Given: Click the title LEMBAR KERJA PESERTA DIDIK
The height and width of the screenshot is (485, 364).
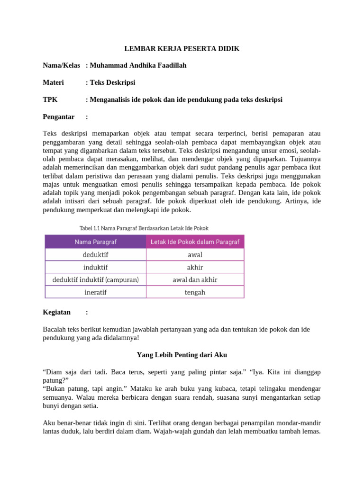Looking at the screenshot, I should [182, 49].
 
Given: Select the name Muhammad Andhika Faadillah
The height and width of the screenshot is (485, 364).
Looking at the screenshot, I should [138, 65].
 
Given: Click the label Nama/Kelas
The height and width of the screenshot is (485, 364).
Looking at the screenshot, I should [61, 65].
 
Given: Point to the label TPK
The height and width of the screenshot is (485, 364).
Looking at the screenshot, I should [50, 99].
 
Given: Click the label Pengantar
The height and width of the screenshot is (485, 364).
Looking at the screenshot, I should [59, 117].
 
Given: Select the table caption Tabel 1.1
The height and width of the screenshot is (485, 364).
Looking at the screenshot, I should [144, 228].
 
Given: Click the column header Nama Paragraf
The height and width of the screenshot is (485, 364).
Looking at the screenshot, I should [95, 242].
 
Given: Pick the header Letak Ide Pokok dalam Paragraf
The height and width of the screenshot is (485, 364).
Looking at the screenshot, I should [195, 242].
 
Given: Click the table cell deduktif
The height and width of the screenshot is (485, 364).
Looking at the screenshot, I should [95, 255].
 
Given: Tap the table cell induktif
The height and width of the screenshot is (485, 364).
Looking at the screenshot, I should [95, 267].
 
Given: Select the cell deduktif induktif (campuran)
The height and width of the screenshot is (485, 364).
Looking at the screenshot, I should [95, 280].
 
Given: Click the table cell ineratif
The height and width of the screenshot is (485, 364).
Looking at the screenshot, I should [95, 292].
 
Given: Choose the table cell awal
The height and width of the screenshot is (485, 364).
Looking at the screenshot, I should [195, 255].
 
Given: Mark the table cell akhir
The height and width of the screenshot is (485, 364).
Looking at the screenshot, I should [195, 267].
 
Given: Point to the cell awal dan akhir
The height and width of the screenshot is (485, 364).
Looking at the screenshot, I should [195, 280].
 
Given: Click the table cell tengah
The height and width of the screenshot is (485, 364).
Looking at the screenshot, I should [195, 292].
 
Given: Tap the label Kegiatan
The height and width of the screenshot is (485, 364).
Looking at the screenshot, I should [56, 312].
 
